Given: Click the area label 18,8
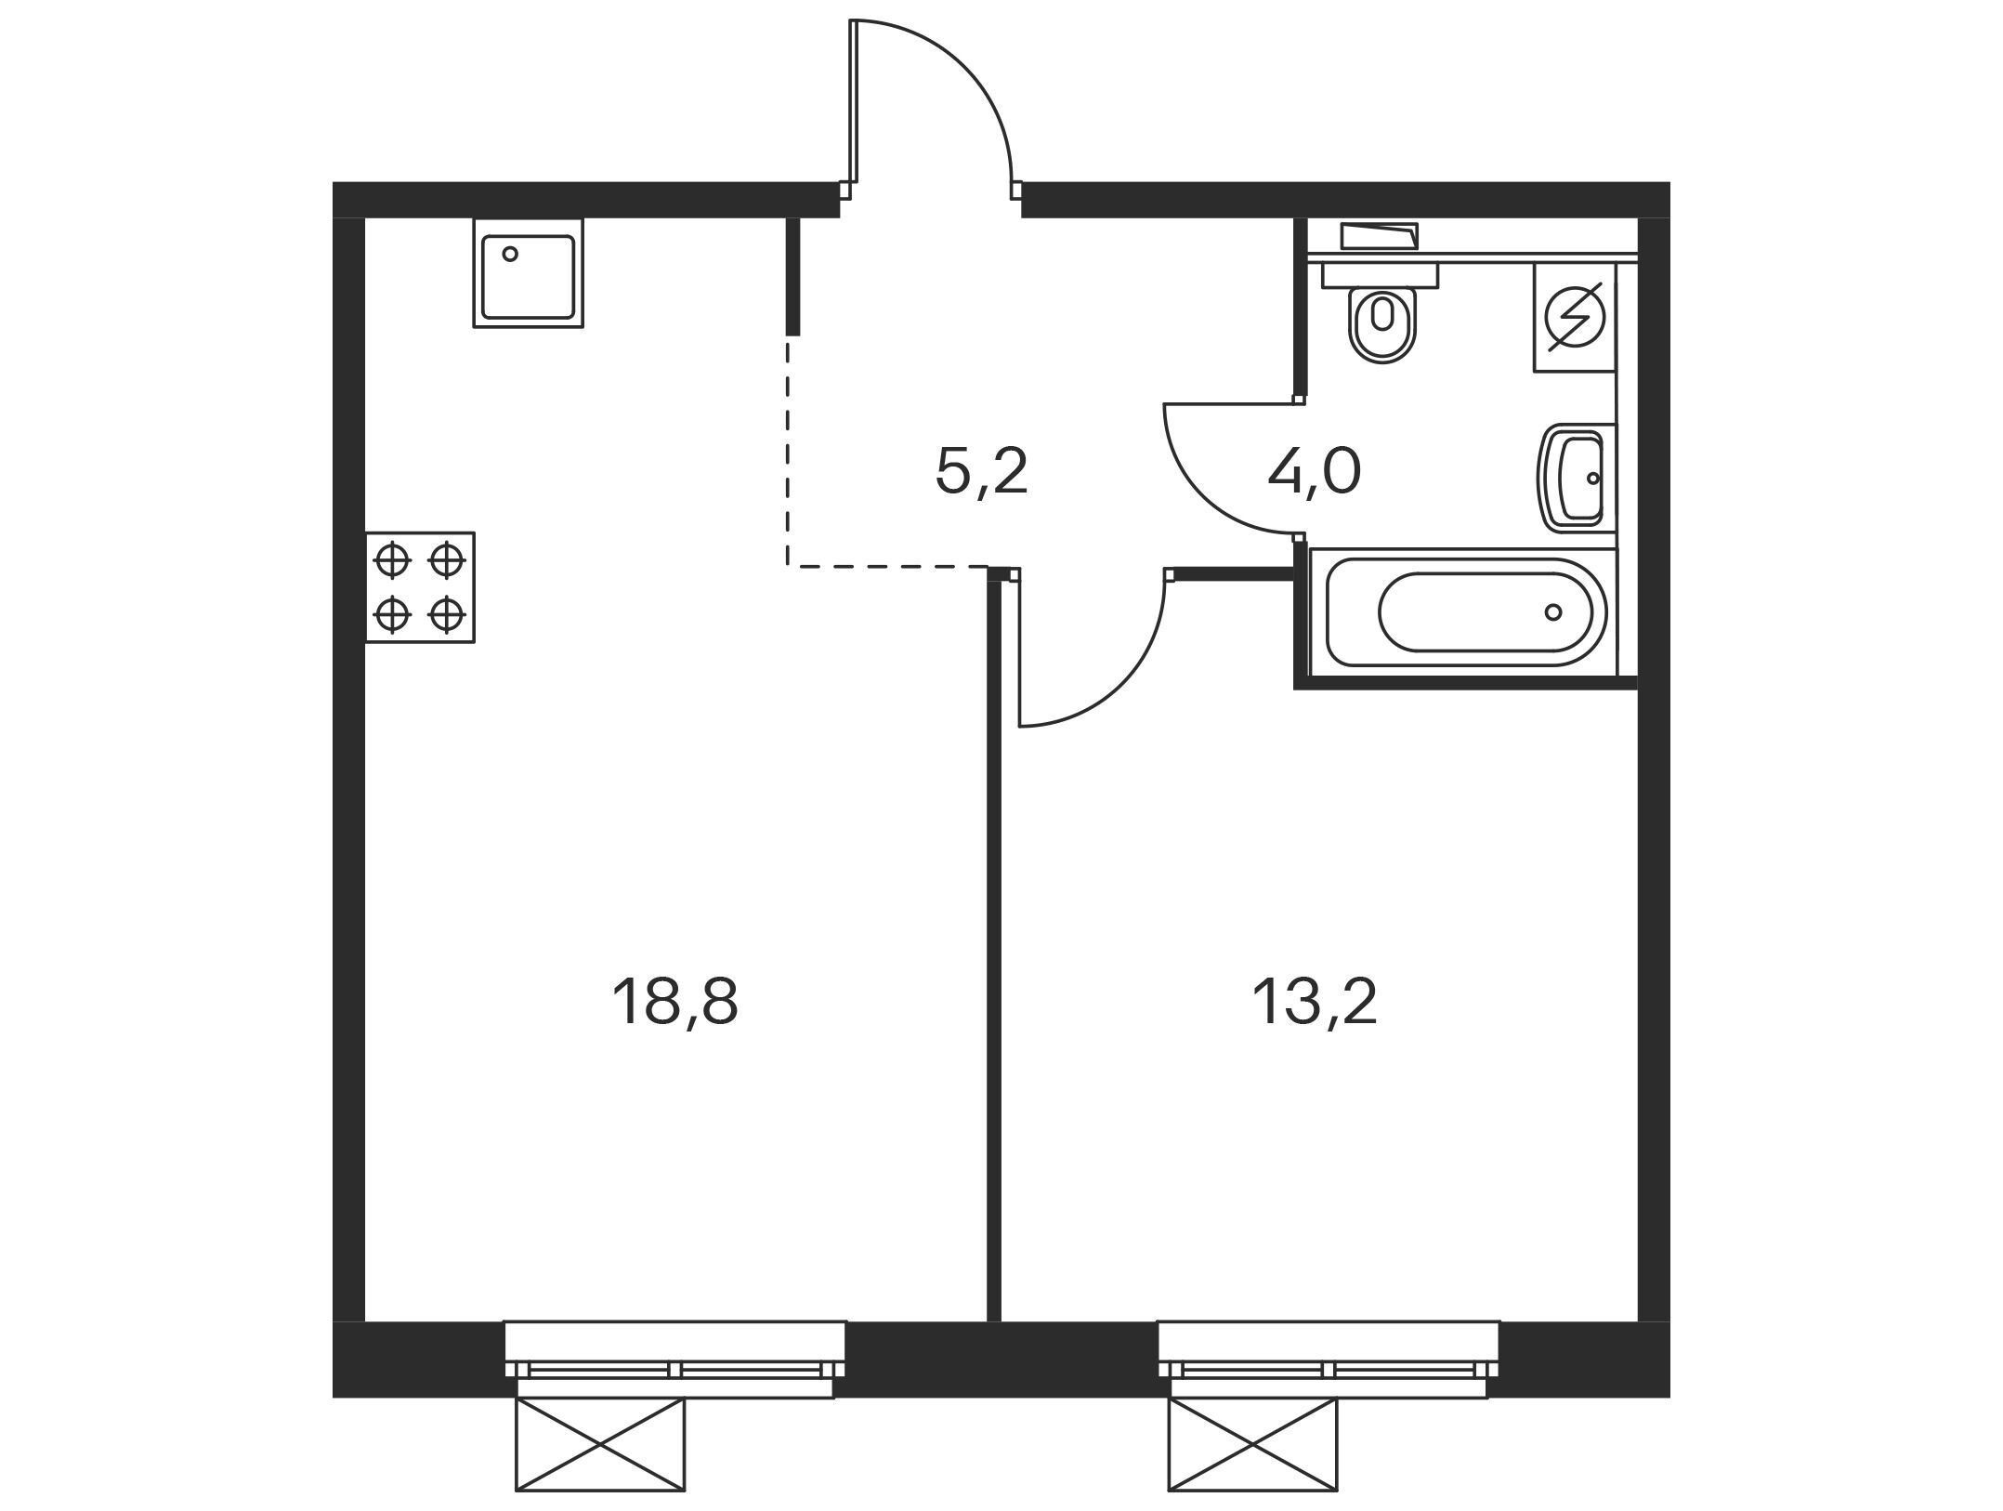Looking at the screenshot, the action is tap(674, 1004).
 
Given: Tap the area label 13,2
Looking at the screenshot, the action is tap(1315, 1004).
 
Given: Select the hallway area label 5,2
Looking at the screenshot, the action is tap(982, 471).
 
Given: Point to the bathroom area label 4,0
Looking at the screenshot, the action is tap(1315, 471).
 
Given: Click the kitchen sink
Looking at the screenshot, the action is tap(529, 273).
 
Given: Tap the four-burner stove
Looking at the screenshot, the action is tap(420, 587).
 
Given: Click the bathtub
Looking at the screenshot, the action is tap(1463, 611).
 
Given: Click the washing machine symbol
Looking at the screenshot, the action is tap(1575, 317).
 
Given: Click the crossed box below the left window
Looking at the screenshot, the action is tap(600, 1444).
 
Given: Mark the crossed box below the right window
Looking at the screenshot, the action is tap(1253, 1444).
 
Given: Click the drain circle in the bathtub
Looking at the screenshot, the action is tap(1553, 611).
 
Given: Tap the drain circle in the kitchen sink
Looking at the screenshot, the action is tap(509, 254).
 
